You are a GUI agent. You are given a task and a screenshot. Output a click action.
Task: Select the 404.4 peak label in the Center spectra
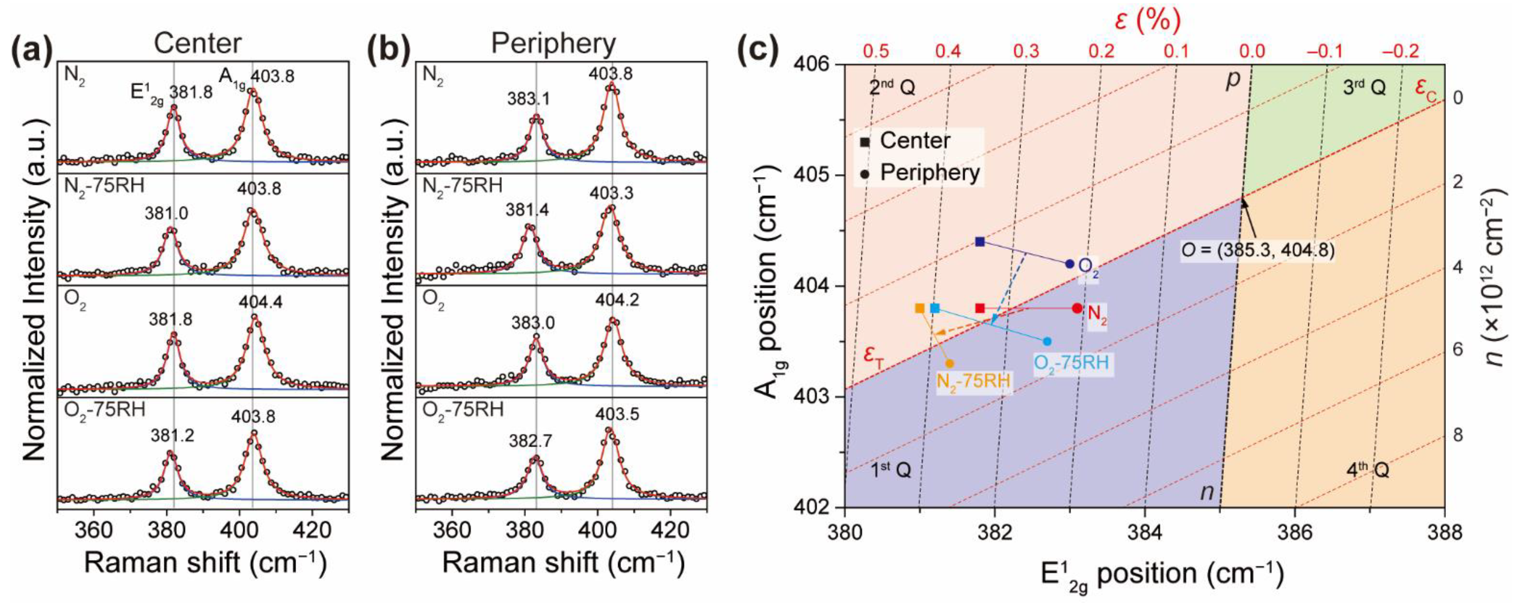260,302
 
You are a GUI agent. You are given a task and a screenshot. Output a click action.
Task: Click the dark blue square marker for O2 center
980,242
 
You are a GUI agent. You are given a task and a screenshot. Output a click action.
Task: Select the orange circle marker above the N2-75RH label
949,364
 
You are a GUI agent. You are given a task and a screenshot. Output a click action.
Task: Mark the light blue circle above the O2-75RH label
1047,341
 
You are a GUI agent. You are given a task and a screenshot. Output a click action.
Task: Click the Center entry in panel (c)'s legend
914,141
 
